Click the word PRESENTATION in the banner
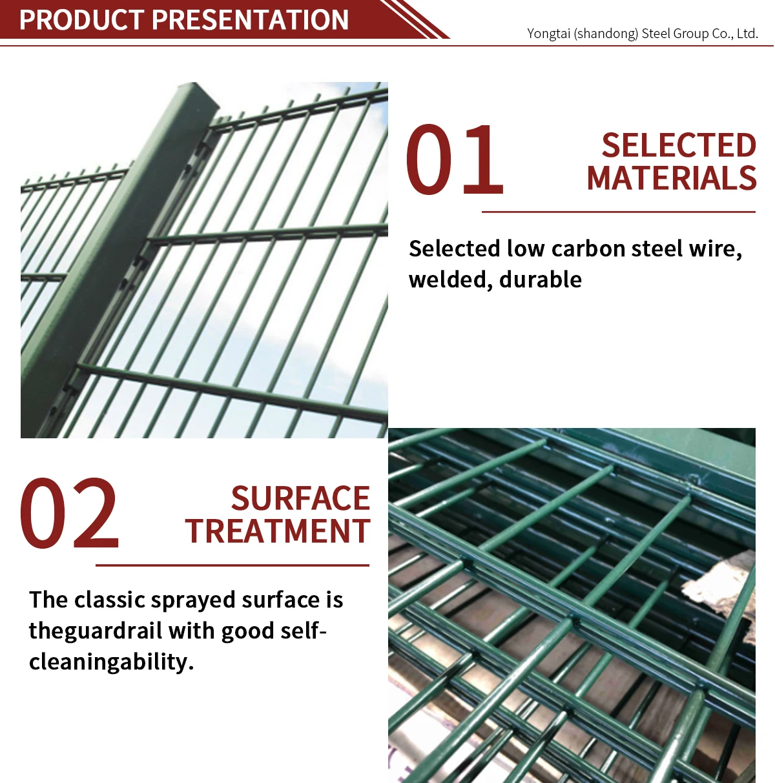click(251, 20)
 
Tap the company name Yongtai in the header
click(548, 34)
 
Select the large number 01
click(455, 160)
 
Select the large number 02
click(70, 514)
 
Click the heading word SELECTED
click(679, 145)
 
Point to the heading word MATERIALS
click(672, 179)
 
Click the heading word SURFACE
click(300, 499)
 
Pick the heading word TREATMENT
click(278, 532)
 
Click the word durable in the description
click(541, 280)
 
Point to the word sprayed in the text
click(194, 600)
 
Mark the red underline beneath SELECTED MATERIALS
click(618, 212)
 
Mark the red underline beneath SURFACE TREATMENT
click(232, 565)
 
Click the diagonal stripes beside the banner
click(417, 18)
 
